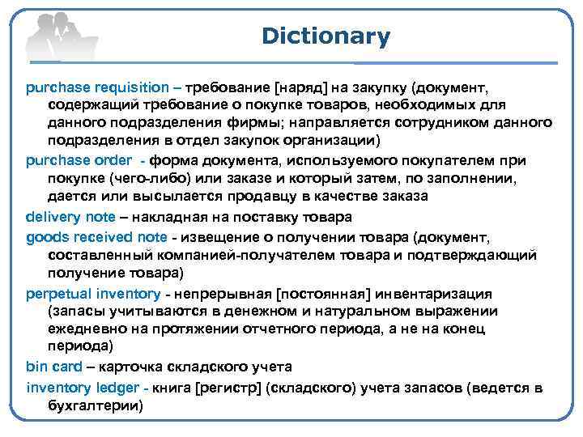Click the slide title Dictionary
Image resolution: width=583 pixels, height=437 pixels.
326,36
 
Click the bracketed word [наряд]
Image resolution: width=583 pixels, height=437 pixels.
306,87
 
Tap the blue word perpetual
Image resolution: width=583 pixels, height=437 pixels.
58,293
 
